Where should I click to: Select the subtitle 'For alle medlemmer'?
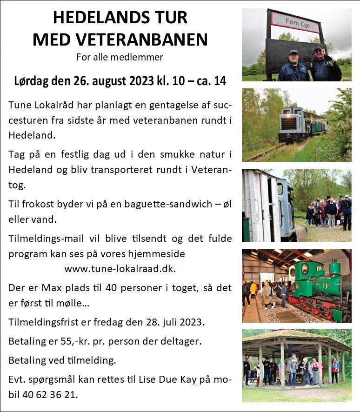tap(120, 58)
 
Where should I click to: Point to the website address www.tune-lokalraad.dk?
tap(120, 269)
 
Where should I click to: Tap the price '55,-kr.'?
tap(78, 341)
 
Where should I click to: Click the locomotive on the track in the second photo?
tap(289, 124)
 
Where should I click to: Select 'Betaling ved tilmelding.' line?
tap(62, 360)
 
